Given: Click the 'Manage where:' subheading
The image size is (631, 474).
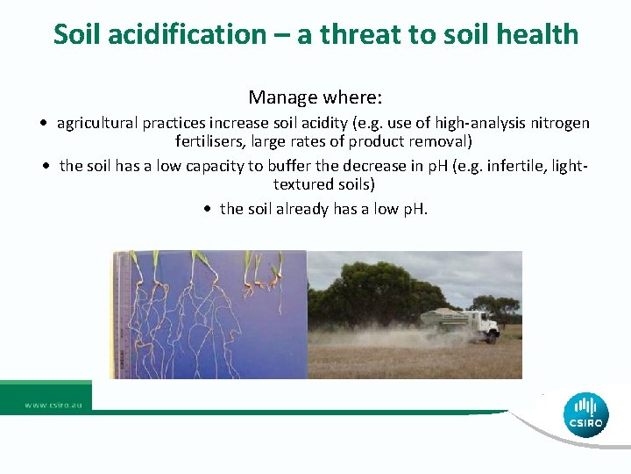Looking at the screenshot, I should pyautogui.click(x=315, y=96).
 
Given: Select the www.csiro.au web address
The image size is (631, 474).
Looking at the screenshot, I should pyautogui.click(x=53, y=405).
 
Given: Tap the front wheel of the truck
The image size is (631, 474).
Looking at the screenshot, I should pyautogui.click(x=492, y=336).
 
